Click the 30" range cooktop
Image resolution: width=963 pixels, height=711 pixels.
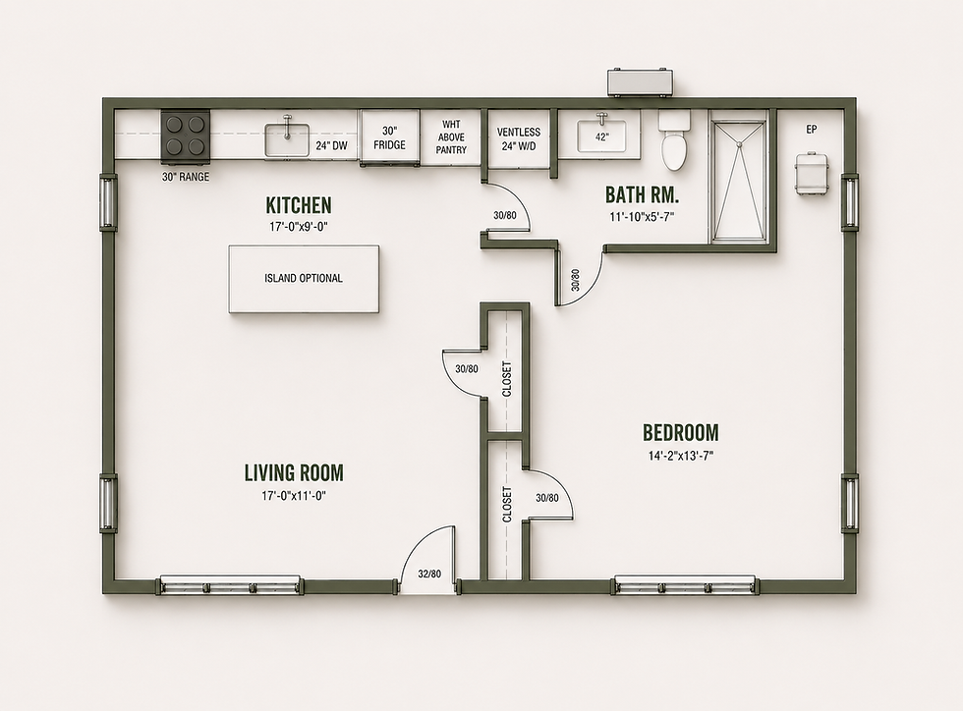186,137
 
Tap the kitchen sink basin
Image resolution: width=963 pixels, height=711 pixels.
287,139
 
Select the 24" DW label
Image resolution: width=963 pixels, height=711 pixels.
332,146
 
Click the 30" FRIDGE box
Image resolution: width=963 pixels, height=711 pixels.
389,137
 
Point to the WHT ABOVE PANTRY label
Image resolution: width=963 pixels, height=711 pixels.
451,137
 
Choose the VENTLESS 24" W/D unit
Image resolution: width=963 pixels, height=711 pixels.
519,138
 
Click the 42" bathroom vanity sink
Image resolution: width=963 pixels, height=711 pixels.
601,137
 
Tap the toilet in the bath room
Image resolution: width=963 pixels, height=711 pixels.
674,140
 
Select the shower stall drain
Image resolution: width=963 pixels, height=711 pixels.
740,143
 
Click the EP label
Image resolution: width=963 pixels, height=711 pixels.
812,130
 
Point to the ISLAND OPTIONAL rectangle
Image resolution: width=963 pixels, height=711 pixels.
304,279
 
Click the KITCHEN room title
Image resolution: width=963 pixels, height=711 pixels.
299,204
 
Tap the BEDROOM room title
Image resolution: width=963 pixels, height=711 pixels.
680,432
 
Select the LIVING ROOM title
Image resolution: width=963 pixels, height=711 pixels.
294,472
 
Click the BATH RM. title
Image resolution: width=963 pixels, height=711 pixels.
642,194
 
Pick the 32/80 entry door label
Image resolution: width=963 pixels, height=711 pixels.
429,574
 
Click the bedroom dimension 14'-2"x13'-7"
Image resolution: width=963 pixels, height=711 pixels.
680,456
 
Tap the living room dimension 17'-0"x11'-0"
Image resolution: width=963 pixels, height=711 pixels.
294,496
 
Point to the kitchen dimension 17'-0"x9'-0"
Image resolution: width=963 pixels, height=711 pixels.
299,227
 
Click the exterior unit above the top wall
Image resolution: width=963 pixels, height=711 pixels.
641,82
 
